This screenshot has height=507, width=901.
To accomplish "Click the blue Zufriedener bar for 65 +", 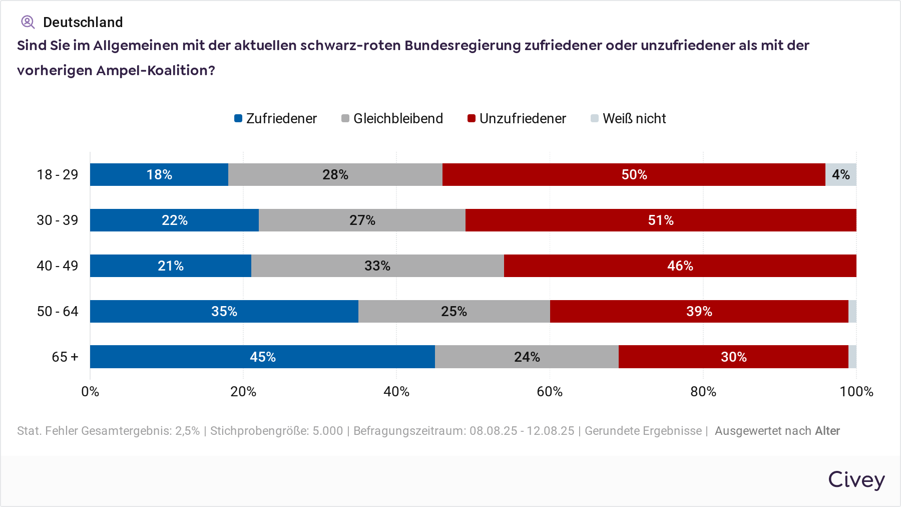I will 262,357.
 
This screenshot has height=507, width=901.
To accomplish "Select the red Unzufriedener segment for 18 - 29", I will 634,174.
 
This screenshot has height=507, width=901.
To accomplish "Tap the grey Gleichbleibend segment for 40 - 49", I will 377,266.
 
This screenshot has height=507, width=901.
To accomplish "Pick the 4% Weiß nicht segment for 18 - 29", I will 840,174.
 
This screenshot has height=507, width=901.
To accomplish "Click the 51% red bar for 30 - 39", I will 661,220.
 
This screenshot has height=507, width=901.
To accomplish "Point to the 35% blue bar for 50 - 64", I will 224,311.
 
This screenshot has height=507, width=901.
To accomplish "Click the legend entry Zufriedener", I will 276,119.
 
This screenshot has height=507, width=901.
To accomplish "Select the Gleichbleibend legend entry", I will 392,119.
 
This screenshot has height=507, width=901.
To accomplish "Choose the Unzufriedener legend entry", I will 517,119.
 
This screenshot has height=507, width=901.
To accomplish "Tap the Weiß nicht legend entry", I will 628,119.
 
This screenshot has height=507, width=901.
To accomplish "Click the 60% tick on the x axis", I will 550,391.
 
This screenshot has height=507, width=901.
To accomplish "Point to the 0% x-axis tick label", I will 90,391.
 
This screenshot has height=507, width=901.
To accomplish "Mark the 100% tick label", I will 856,391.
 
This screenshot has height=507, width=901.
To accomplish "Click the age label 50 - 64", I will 58,311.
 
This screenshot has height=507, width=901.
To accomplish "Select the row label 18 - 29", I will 58,174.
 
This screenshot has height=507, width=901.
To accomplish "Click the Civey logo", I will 856,479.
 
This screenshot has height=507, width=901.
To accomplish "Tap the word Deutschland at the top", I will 83,22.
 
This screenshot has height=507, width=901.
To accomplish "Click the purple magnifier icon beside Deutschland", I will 28,22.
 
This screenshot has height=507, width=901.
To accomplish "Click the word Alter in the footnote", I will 827,431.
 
